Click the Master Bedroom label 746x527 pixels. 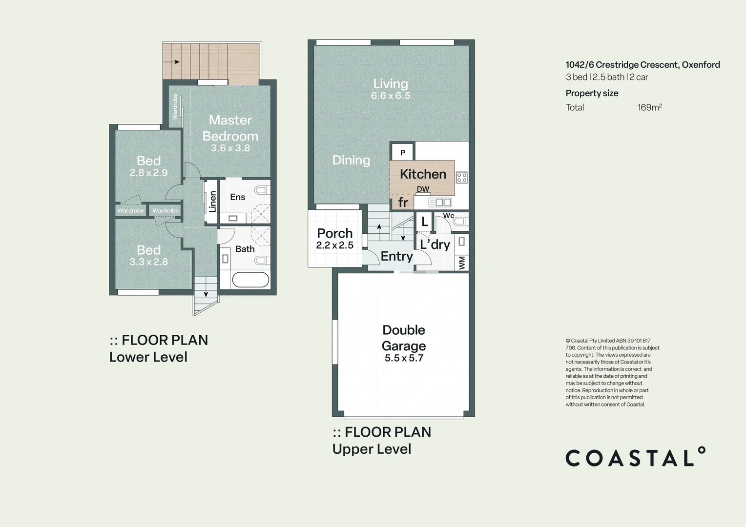pos(230,128)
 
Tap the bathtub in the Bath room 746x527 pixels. pos(250,280)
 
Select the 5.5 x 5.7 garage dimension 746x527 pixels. pos(404,358)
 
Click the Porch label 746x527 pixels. pos(334,233)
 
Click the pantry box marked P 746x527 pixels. pos(403,153)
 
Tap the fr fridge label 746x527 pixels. pos(403,202)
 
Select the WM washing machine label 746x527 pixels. pos(462,263)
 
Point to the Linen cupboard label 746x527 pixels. pos(212,202)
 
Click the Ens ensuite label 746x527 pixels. pos(237,197)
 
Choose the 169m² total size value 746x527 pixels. pos(649,107)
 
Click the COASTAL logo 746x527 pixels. pos(635,458)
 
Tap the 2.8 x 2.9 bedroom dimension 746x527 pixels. pos(148,173)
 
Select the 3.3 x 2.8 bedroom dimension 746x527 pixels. pos(148,262)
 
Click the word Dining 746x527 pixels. pos(351,160)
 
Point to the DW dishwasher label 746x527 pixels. pos(423,189)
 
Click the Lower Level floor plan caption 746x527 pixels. pos(148,357)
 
